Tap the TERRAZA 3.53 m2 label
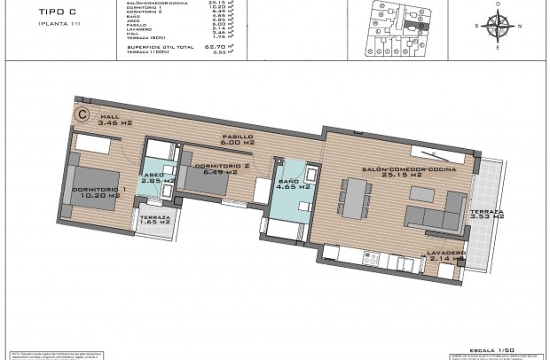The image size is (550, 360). click(488, 217)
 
